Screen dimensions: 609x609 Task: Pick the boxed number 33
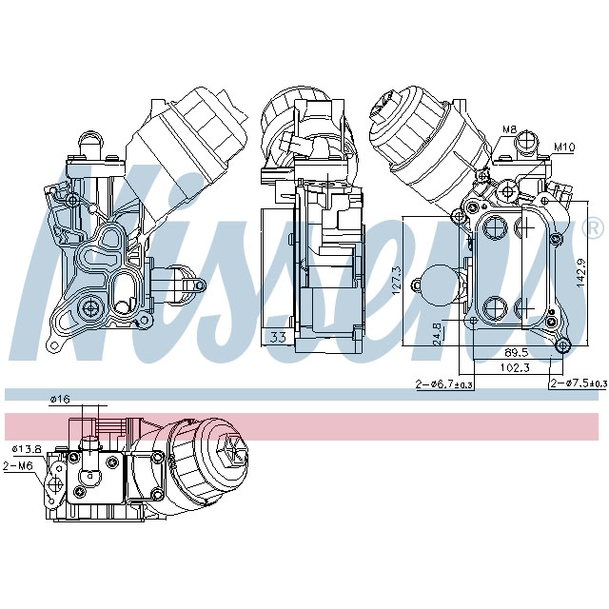tap(278, 336)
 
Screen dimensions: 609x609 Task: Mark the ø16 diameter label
tap(60, 400)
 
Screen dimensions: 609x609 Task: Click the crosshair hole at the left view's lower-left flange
tap(91, 306)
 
